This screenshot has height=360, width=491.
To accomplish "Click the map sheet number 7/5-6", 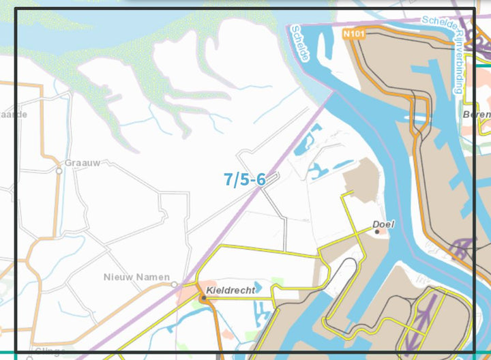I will (244, 179).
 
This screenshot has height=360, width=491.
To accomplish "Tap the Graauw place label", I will (83, 163).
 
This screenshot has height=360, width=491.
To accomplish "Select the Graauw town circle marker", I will (59, 171).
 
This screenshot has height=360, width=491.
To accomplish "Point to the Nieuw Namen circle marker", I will (175, 284).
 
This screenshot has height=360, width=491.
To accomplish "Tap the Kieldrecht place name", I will (230, 290).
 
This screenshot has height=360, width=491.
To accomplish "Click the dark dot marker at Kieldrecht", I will (203, 297).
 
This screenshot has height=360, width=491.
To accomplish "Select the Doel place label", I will (384, 224).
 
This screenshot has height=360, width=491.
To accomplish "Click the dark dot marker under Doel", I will (377, 232).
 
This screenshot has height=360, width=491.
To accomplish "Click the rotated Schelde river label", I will (300, 43).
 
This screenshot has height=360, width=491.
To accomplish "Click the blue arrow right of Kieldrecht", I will (258, 287).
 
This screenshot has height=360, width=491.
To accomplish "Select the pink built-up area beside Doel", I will (383, 232).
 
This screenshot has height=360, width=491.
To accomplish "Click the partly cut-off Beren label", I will (477, 115).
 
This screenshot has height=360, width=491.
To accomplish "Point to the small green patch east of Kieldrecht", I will (277, 282).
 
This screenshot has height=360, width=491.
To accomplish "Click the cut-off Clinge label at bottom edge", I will (50, 352).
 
